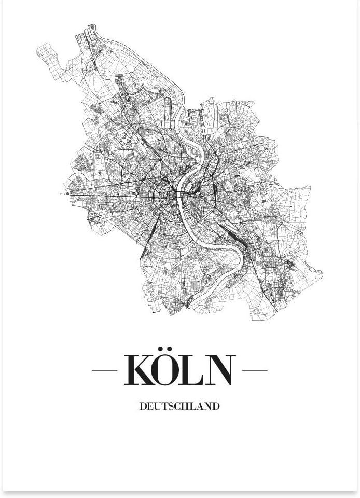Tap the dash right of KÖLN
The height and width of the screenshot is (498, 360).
pyautogui.click(x=255, y=370)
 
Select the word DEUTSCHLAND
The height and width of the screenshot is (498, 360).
pyautogui.click(x=179, y=406)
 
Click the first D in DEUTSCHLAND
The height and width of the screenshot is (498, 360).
pyautogui.click(x=143, y=406)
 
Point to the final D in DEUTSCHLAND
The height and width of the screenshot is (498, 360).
pyautogui.click(x=216, y=406)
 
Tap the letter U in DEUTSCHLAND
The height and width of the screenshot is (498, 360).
pyautogui.click(x=157, y=406)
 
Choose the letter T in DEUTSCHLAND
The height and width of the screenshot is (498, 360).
pyautogui.click(x=164, y=406)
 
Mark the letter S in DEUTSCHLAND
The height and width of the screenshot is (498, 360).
pyautogui.click(x=171, y=406)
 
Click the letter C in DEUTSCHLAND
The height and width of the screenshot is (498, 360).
pyautogui.click(x=178, y=406)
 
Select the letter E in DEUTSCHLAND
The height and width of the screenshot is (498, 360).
pyautogui.click(x=150, y=406)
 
